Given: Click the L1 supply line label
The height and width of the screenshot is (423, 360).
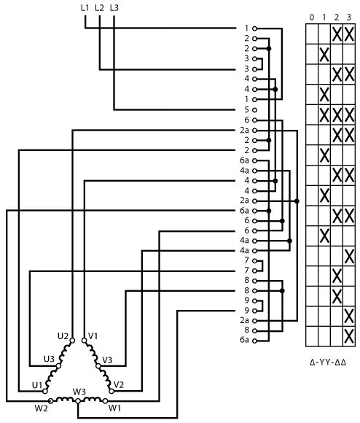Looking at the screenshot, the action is pos(85,8).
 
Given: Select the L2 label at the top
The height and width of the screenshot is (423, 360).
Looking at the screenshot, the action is pos(99,8).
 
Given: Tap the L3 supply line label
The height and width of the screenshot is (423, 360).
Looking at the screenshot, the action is pos(114,8).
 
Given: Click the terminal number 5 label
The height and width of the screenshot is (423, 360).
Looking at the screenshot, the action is pos(246,110).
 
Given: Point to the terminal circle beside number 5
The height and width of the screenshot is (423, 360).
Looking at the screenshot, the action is pos(254,110).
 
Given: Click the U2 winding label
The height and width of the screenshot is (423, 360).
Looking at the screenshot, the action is pos(63,336).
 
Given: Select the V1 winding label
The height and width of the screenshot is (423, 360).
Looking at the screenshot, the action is pos(93,336).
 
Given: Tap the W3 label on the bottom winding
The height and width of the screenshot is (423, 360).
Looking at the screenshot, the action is pos(79,392).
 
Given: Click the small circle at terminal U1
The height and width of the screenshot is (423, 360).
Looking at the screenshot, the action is pos(45,391).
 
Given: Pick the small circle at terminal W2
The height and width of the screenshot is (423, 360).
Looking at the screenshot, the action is pos(50,401).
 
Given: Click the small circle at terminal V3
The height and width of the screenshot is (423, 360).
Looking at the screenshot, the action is pos(98,366).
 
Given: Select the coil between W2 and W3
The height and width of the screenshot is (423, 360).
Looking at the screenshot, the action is pos(64,399).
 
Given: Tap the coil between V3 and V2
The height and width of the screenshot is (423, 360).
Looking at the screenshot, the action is pos(105,378).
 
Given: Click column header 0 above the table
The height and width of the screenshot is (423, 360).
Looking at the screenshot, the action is pos(312,18).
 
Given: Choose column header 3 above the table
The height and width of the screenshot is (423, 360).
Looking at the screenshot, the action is pos(349,18).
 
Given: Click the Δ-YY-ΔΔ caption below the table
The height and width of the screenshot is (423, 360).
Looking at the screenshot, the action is pos(328,362).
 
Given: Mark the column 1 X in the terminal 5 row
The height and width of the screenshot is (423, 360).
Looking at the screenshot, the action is pos(324,115).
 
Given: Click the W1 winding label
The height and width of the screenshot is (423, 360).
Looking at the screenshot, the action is pos(115,408).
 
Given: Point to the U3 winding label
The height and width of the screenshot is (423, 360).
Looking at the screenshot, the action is pos(49,359).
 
